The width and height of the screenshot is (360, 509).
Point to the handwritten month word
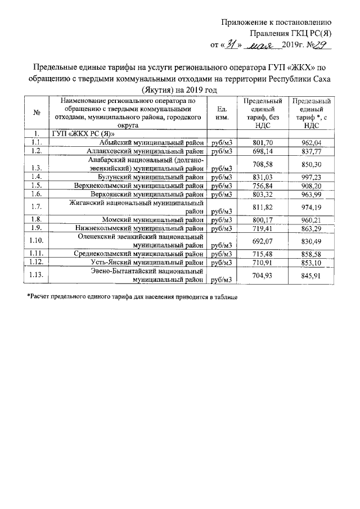(x=262, y=44)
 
